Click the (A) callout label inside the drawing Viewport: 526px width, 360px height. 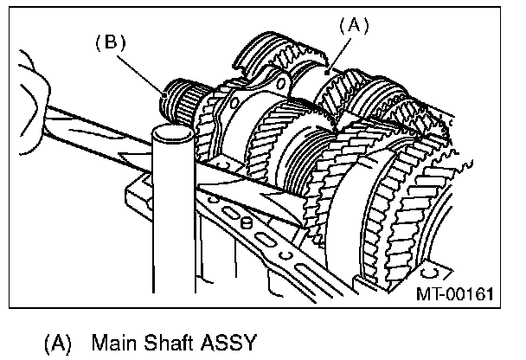pyautogui.click(x=352, y=26)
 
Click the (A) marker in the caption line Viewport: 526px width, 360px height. pyautogui.click(x=57, y=343)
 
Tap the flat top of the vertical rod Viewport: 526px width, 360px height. pyautogui.click(x=172, y=132)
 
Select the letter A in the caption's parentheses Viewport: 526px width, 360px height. pyautogui.click(x=57, y=343)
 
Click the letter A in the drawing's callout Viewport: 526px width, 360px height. pyautogui.click(x=352, y=26)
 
